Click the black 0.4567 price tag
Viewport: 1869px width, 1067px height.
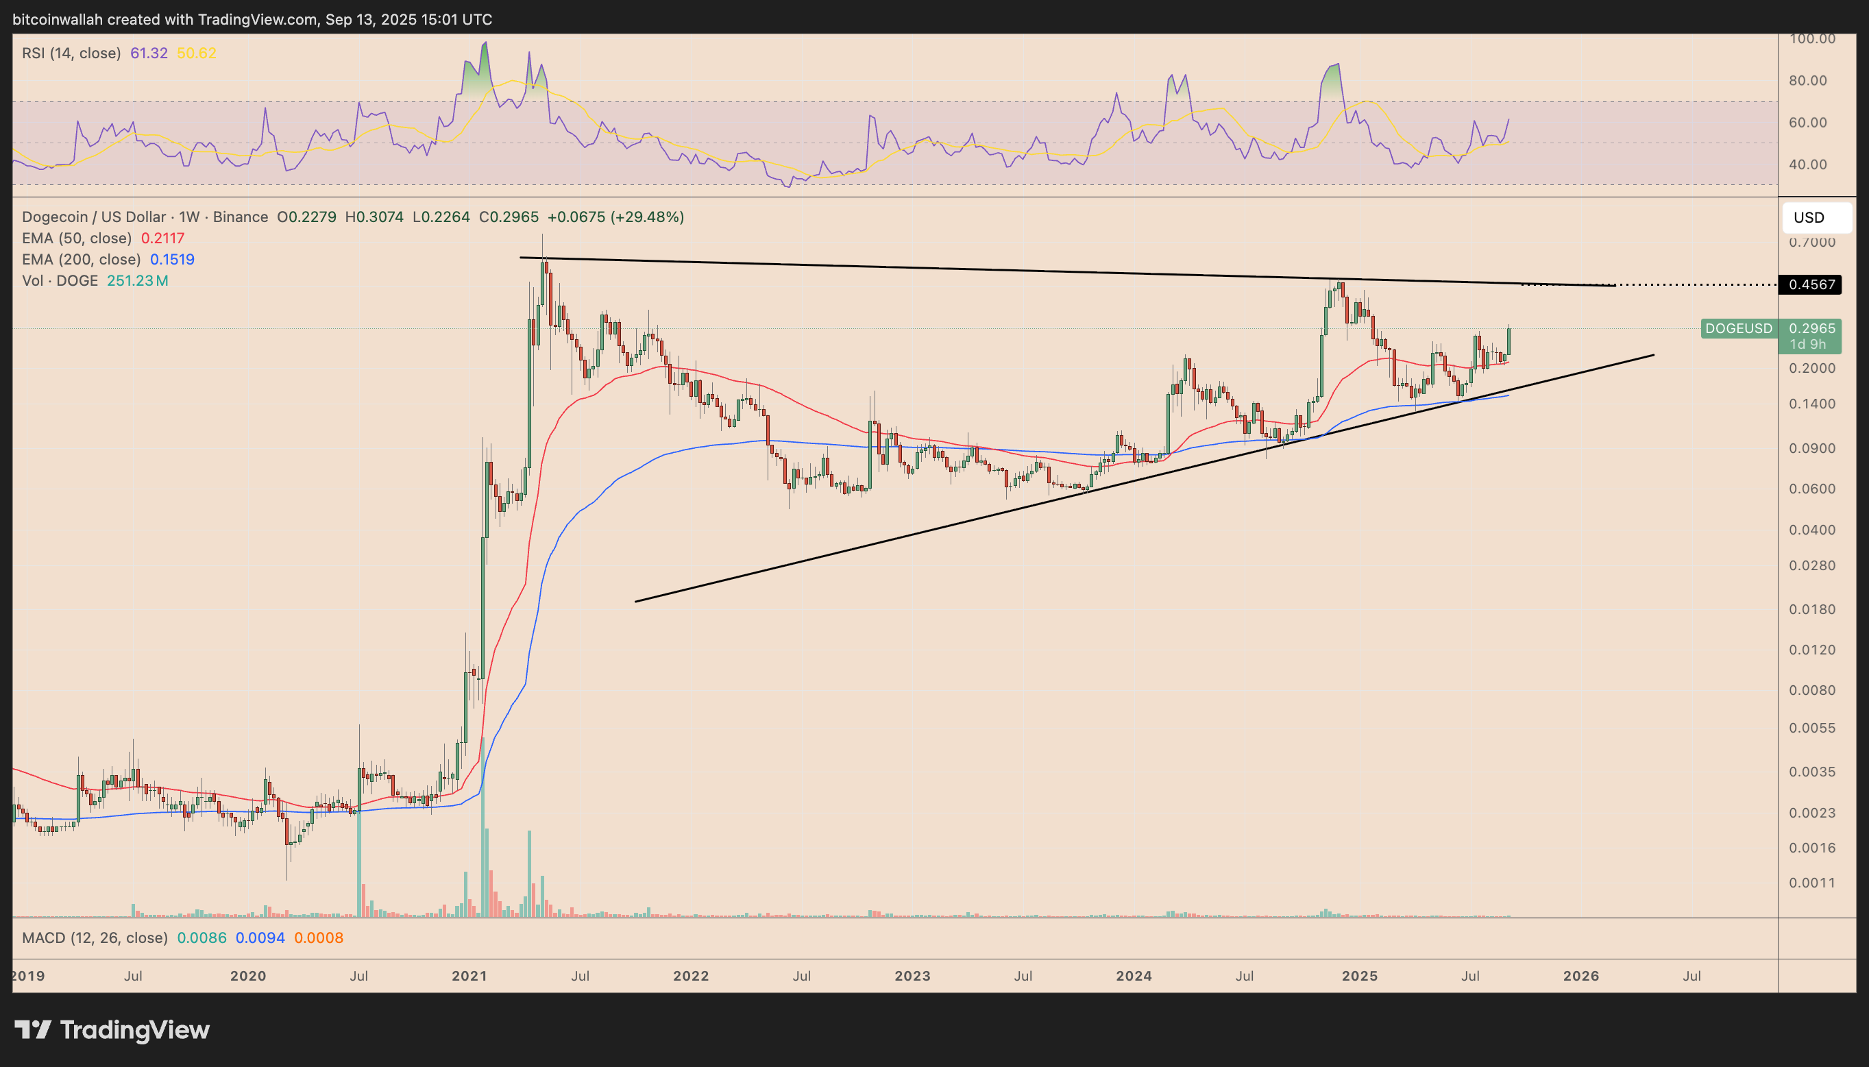click(1810, 284)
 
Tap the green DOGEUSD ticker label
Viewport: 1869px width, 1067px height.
click(1739, 328)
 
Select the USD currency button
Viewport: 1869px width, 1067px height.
click(1809, 218)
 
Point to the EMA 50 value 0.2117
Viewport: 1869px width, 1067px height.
click(162, 238)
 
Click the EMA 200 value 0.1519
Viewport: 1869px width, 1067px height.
click(172, 260)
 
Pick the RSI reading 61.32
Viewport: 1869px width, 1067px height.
click(149, 53)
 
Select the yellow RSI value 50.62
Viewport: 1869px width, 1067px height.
click(197, 53)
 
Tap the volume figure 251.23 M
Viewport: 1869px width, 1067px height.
click(138, 281)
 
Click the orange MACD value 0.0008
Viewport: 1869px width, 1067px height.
click(319, 938)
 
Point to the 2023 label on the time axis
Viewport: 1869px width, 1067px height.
click(912, 976)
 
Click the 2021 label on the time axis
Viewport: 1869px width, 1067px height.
click(469, 976)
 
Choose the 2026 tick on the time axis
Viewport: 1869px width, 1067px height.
click(1581, 976)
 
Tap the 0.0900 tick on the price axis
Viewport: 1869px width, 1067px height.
click(1812, 448)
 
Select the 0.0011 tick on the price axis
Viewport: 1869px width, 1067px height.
click(1812, 883)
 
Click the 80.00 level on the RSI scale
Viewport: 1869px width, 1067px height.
click(1807, 81)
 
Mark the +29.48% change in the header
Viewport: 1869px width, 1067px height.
click(652, 217)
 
